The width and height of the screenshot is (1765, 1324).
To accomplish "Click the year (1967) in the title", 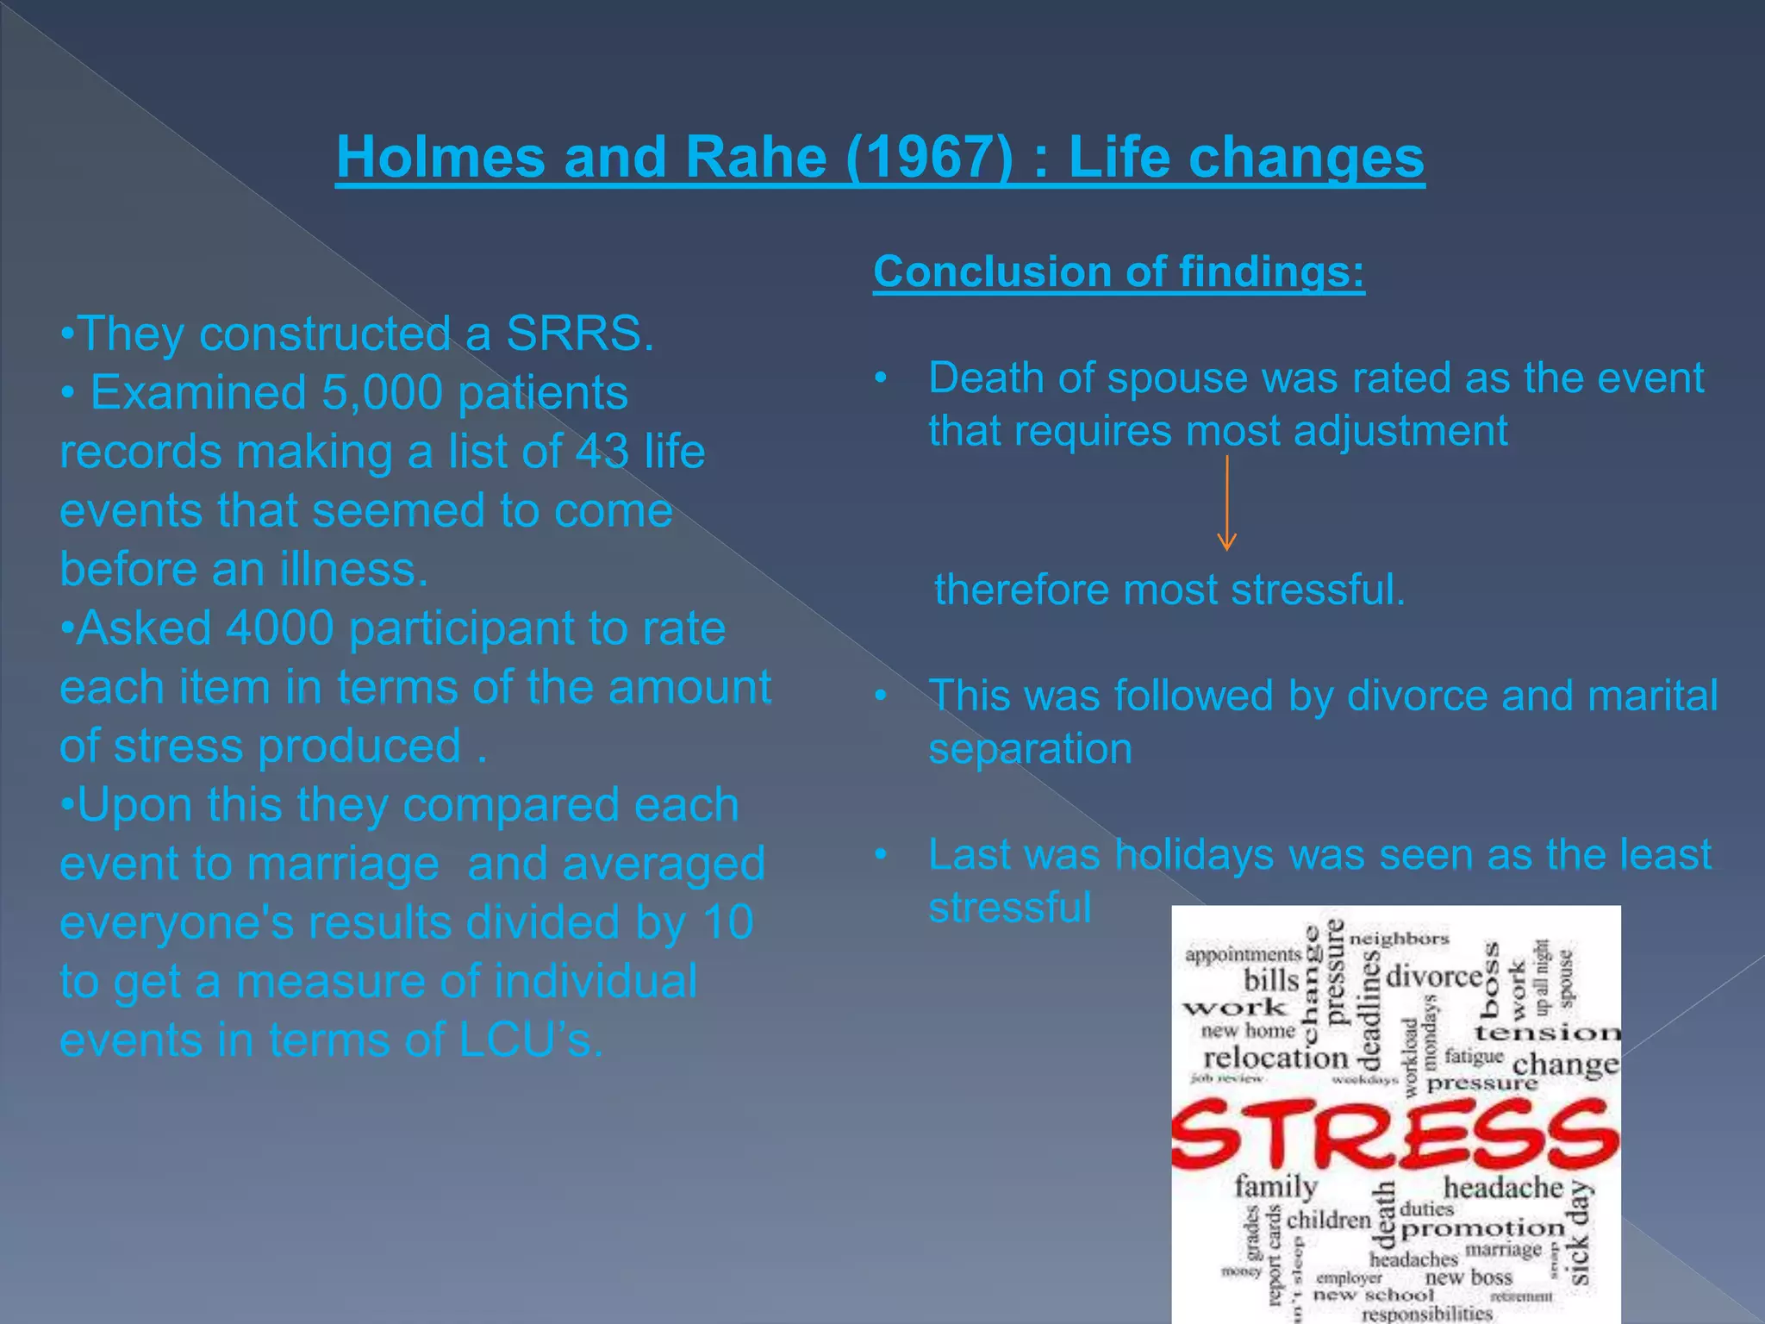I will (x=929, y=158).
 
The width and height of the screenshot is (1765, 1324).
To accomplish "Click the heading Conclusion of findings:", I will (x=1119, y=272).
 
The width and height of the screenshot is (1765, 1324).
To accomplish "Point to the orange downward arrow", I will (x=1226, y=503).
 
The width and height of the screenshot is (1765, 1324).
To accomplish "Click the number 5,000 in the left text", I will (x=382, y=393).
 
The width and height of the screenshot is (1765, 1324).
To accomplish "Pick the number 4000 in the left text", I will (x=279, y=628).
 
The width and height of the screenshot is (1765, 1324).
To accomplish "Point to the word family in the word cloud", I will (x=1275, y=1187).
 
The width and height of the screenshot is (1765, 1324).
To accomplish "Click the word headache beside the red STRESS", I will (x=1503, y=1188).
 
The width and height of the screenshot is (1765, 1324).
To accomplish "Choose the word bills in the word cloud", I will (x=1271, y=980).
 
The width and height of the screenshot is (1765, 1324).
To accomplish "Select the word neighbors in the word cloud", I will (x=1400, y=939).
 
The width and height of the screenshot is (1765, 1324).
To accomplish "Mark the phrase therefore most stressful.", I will (x=1169, y=590).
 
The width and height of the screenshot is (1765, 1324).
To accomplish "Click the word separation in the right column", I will (x=1030, y=749).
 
